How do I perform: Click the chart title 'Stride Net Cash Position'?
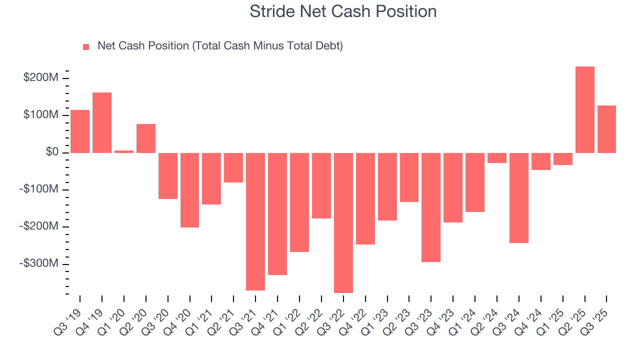pyautogui.click(x=343, y=11)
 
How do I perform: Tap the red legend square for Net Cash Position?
pyautogui.click(x=86, y=47)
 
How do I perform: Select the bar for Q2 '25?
pyautogui.click(x=584, y=109)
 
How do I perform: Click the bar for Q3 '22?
pyautogui.click(x=343, y=222)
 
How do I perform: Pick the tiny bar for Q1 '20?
pyautogui.click(x=124, y=151)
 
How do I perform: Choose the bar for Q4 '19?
pyautogui.click(x=102, y=122)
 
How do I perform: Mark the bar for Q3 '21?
pyautogui.click(x=255, y=221)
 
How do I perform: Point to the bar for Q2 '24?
pyautogui.click(x=497, y=158)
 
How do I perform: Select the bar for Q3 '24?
pyautogui.click(x=519, y=198)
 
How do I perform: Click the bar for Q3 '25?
pyautogui.click(x=606, y=129)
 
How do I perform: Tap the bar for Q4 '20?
pyautogui.click(x=189, y=190)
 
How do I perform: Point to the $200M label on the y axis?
pyautogui.click(x=41, y=78)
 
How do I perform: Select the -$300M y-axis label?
pyautogui.click(x=39, y=263)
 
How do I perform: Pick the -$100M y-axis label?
pyautogui.click(x=39, y=189)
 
